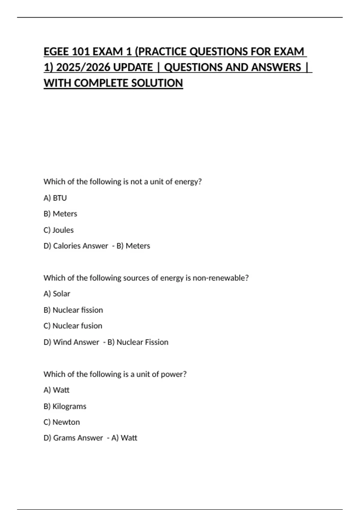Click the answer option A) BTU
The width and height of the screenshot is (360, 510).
click(x=55, y=198)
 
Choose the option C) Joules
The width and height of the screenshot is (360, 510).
click(x=58, y=230)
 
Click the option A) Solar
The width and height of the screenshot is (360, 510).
click(x=57, y=294)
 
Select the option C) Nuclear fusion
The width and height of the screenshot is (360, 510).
click(x=73, y=326)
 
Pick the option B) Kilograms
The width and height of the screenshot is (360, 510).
click(x=65, y=406)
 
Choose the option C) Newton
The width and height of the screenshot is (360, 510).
click(x=61, y=422)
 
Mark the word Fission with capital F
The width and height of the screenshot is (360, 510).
click(x=155, y=342)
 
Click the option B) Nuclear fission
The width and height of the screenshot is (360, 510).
click(x=73, y=310)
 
